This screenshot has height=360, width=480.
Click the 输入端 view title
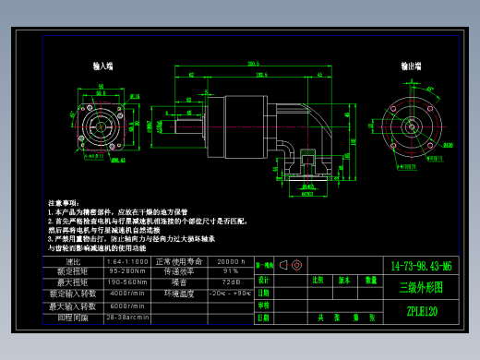(102, 66)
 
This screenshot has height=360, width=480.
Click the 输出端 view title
(412, 66)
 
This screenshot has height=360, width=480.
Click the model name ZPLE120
(422, 311)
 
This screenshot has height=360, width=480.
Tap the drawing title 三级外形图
(421, 288)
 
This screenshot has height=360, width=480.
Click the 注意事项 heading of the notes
(64, 202)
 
